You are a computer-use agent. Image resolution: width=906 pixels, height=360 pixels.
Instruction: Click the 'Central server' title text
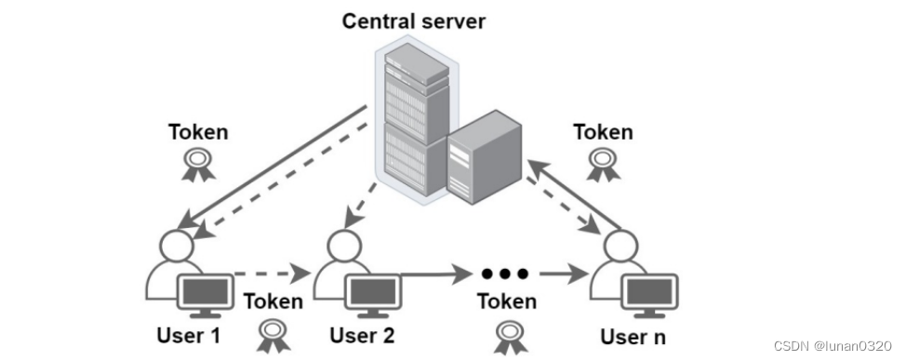coord(413,20)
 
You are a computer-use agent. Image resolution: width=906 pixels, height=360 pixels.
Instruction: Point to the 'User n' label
coord(633,336)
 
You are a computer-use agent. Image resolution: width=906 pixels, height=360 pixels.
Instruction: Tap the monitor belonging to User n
coord(648,296)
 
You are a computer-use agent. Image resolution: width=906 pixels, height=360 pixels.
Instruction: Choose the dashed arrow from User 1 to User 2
coord(272,273)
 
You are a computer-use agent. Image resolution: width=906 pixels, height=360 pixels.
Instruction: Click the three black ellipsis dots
coord(506,273)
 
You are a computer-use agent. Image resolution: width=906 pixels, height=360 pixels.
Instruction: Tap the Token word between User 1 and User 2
coord(273,300)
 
